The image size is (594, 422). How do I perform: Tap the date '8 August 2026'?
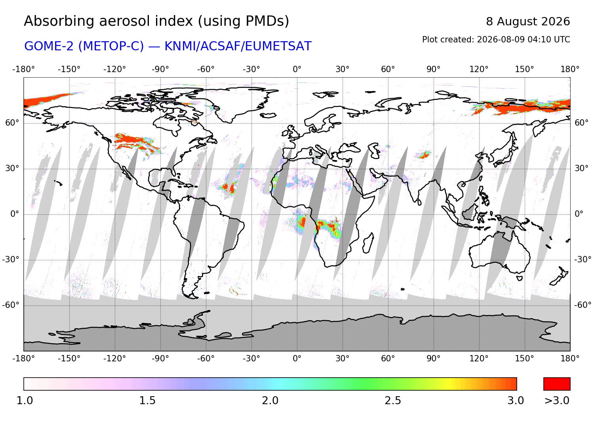coord(528,22)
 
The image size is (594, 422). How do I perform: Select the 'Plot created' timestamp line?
coord(496,40)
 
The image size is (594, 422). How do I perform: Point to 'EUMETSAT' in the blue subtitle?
coord(278,46)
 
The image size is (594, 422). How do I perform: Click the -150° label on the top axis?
coord(69,69)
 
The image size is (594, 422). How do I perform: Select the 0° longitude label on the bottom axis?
coord(297,359)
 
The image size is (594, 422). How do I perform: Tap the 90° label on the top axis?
coord(434,69)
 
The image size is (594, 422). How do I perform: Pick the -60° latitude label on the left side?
coord(11,305)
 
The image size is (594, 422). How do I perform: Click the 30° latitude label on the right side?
coord(582,168)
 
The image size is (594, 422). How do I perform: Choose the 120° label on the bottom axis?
coord(479,359)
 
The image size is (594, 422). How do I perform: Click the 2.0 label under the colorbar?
coord(270,401)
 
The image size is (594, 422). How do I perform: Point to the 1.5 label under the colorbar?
coord(147,401)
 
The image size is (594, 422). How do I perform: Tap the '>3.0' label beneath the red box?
coord(557,401)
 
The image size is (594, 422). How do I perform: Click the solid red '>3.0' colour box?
coord(557,384)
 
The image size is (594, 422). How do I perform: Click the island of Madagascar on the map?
coord(368,243)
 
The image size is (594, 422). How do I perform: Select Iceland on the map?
coord(268,115)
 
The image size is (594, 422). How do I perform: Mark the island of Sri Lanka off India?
coord(419,202)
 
